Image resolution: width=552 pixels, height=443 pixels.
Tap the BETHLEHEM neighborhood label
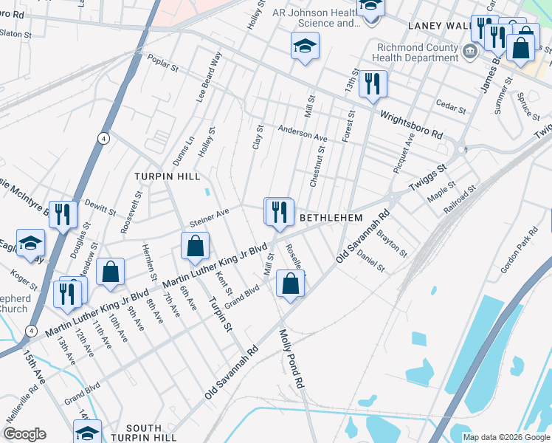[331, 219]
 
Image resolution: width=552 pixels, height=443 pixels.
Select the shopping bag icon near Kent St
[195, 247]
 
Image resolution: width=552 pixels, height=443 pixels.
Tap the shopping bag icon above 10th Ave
[110, 272]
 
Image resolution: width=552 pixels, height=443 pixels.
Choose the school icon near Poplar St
[304, 47]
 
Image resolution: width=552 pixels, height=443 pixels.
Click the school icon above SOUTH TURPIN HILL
[87, 432]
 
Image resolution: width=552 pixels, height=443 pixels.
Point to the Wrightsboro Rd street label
[411, 125]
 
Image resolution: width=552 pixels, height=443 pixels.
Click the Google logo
[24, 434]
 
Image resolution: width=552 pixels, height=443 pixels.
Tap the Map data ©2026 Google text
[506, 437]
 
